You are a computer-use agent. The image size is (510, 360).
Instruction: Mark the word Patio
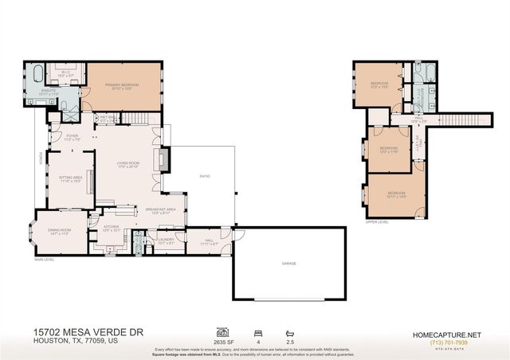203,176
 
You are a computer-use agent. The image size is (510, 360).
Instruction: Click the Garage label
289,263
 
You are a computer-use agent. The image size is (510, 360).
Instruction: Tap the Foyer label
72,137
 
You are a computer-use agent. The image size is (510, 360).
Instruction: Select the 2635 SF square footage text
223,339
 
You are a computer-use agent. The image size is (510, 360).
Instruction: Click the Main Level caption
44,260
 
